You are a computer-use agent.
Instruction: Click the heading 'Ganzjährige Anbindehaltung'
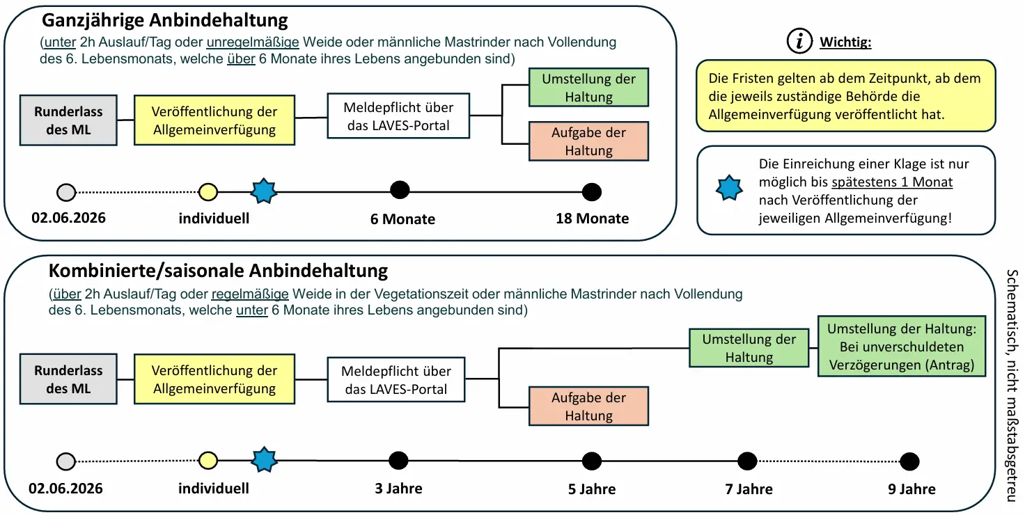point(165,21)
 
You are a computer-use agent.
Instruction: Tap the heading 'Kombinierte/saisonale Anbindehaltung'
point(218,271)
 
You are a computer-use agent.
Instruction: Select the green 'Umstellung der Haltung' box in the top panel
point(588,88)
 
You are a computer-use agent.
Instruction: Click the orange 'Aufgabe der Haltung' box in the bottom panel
point(588,406)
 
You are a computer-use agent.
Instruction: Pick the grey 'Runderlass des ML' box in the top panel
point(68,120)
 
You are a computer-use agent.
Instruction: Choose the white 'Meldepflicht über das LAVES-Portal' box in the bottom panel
point(396,379)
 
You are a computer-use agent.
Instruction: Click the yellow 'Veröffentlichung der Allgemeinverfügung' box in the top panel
point(214,120)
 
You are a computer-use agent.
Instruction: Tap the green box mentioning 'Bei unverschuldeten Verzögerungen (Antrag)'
point(902,346)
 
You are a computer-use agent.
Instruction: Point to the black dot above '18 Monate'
point(592,192)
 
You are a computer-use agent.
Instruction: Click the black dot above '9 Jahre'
point(909,461)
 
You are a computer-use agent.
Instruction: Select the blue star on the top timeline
point(264,191)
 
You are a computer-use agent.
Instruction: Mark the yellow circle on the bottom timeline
point(208,461)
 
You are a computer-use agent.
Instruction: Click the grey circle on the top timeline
point(66,193)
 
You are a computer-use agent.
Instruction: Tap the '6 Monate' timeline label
point(402,219)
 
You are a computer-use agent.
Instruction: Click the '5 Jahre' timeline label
point(592,489)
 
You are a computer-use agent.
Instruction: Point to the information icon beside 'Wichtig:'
point(799,41)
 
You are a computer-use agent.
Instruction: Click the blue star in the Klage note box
point(729,188)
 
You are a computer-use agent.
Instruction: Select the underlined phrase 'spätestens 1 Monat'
point(892,182)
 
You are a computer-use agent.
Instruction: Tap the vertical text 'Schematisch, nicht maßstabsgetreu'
point(1012,385)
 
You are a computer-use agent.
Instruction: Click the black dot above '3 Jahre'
point(398,461)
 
